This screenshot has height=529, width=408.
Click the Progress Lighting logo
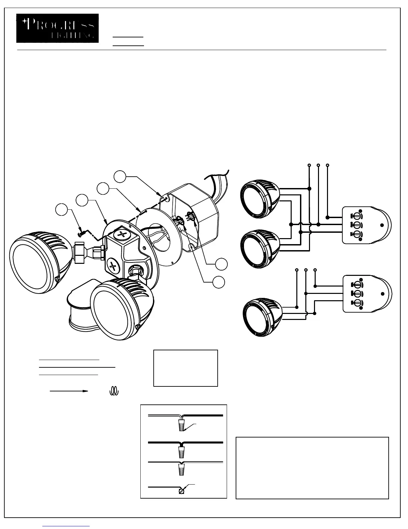coord(57,28)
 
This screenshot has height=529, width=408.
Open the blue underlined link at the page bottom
coord(66,526)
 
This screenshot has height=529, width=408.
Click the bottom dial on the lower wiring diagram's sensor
coord(356,303)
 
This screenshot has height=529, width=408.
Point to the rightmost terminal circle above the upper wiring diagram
coord(328,165)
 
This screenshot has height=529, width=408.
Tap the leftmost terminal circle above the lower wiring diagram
coord(297,270)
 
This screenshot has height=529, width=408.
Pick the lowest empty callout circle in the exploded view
coord(218,282)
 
